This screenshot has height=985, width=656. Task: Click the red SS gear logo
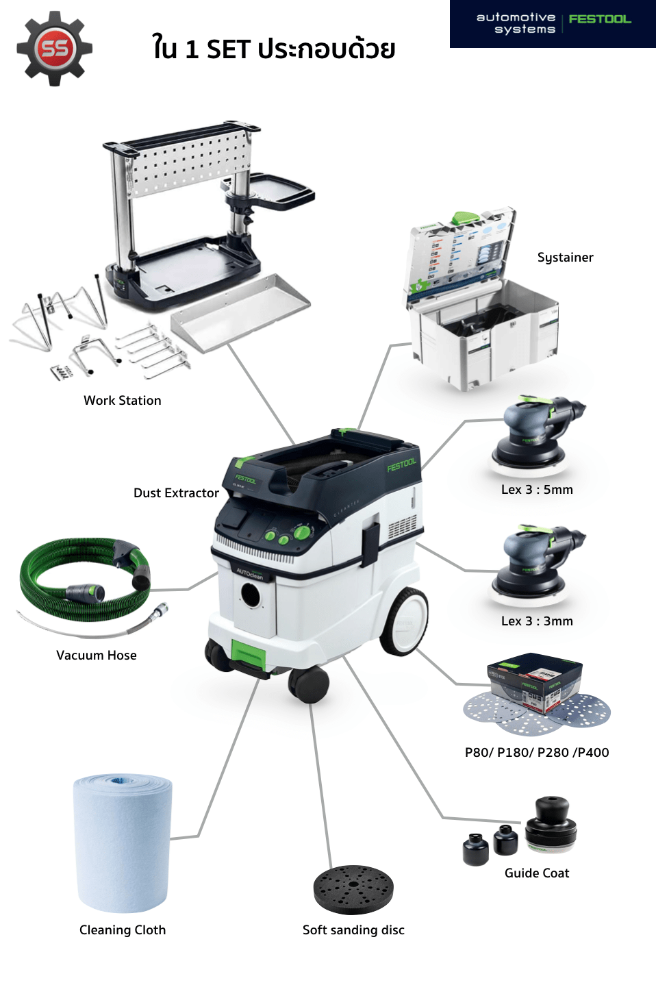click(x=54, y=49)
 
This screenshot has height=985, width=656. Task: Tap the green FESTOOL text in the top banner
click(x=600, y=19)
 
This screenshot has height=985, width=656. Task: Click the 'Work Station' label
click(x=123, y=401)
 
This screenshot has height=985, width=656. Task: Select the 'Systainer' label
click(x=565, y=258)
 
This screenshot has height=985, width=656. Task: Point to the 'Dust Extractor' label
click(x=176, y=493)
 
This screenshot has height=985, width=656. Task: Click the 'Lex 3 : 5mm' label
click(x=537, y=490)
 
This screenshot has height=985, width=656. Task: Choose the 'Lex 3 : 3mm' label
click(x=537, y=621)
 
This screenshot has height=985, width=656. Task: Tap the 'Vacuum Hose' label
click(x=97, y=656)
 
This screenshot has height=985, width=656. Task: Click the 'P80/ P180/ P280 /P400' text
click(x=537, y=753)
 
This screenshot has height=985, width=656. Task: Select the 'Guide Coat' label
click(x=537, y=873)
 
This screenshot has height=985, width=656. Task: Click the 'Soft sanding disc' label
click(x=353, y=930)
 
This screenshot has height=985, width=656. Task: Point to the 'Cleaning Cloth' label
click(x=123, y=930)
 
